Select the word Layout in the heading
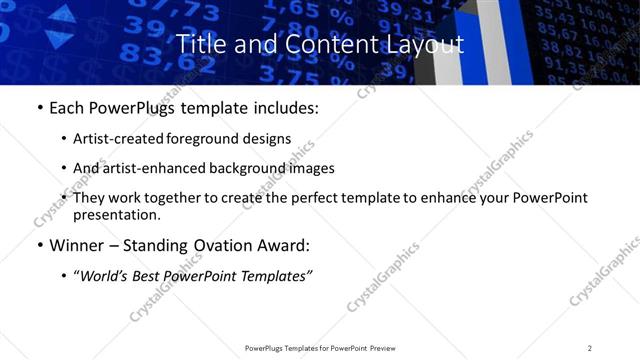(420, 44)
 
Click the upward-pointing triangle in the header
(61, 14)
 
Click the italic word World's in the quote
(103, 275)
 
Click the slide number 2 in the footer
(590, 348)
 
